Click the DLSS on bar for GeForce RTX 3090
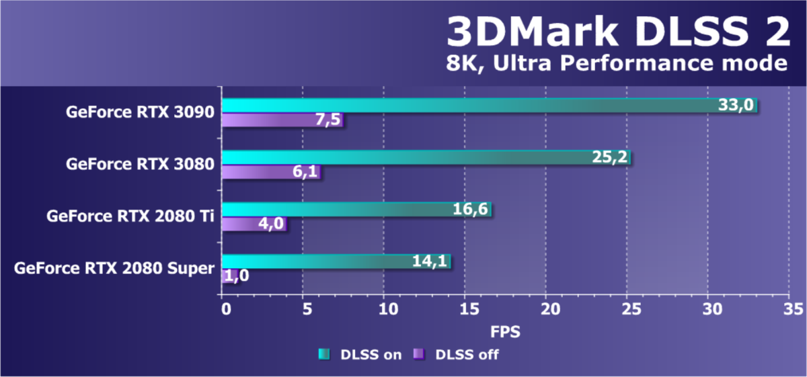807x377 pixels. point(471,106)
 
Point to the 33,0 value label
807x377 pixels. point(735,106)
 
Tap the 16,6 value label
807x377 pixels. point(469,210)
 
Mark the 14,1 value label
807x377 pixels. point(428,262)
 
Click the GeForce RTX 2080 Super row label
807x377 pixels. point(114,269)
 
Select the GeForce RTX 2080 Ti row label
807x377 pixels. point(130,216)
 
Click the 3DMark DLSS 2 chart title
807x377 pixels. point(618,32)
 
